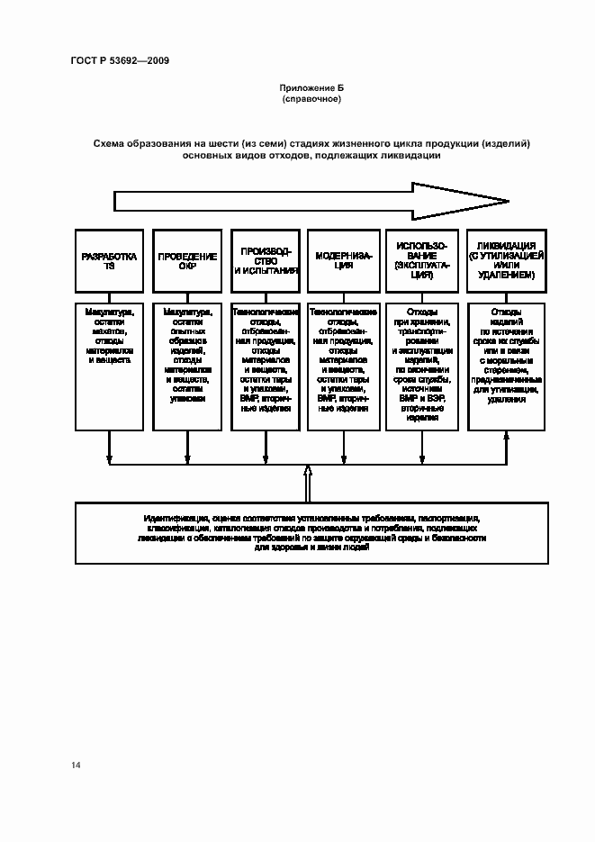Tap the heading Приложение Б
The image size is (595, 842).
coord(311,88)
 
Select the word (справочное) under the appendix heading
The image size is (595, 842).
coord(311,99)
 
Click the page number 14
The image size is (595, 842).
coord(76,765)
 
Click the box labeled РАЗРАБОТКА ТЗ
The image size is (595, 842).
coord(110,261)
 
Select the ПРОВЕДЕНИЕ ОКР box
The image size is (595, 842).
coord(187,261)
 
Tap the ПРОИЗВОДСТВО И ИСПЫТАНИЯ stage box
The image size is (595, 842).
coord(266,261)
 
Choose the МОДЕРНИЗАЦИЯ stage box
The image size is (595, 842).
coord(341,261)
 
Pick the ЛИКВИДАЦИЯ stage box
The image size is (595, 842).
coord(500,261)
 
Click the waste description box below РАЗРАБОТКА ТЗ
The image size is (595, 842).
coord(110,365)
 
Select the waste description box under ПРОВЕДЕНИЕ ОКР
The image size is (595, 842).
coord(187,365)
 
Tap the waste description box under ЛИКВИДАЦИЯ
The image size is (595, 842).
coord(500,365)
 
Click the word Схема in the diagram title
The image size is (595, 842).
coord(109,143)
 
